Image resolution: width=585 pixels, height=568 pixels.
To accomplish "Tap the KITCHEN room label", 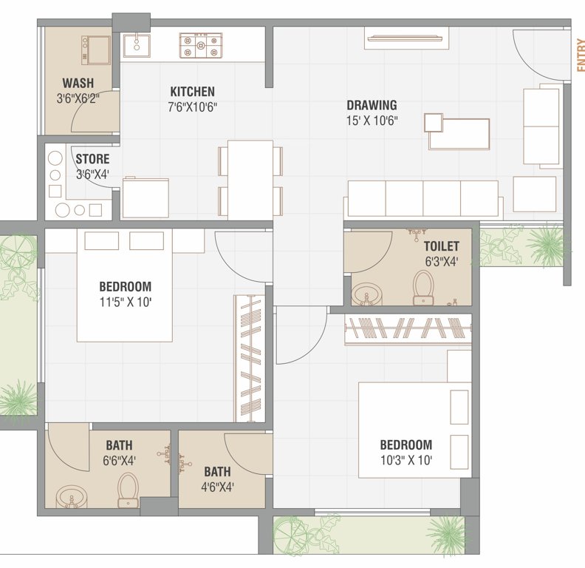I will (193, 92).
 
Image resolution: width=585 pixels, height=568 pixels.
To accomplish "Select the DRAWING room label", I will (372, 105).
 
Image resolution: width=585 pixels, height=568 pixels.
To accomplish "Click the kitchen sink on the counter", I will (136, 45).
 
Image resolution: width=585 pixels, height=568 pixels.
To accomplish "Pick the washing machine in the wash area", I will (95, 50).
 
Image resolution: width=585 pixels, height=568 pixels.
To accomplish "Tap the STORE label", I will (92, 159).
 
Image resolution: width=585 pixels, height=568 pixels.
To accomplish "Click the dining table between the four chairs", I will (250, 179).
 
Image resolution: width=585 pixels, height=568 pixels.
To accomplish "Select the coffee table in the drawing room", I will (459, 133).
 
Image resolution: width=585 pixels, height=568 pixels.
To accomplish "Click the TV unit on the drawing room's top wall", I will (406, 38).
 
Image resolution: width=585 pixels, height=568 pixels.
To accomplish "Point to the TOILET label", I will (441, 246).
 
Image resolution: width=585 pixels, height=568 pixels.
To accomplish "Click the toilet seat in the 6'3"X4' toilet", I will (423, 287).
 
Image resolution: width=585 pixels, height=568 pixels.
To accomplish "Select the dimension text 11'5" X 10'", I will (125, 302).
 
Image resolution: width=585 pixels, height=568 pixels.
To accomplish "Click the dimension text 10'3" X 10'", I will (406, 460).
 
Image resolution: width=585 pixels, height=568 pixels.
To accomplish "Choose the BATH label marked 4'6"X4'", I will (217, 471).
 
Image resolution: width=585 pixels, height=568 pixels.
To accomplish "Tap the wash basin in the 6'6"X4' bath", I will (72, 496).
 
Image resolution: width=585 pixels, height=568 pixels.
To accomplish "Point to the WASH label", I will (78, 83).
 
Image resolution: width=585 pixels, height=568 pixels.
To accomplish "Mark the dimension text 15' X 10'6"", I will (372, 121).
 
